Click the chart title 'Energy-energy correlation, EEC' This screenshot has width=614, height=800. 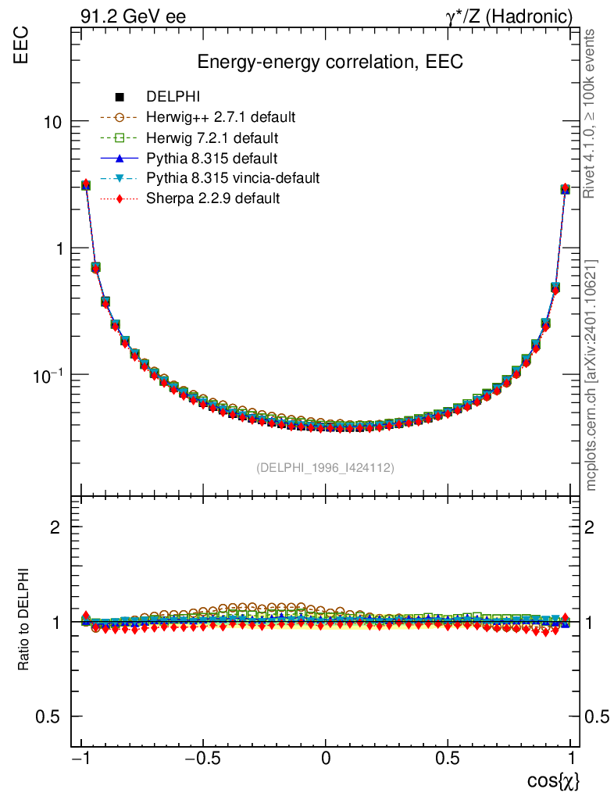(330, 62)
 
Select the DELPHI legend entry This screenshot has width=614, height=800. (173, 98)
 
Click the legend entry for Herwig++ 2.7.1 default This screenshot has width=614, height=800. (220, 118)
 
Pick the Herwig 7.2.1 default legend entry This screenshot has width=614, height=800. (212, 138)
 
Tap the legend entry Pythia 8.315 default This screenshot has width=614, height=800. (212, 159)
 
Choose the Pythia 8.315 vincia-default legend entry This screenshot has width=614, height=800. (233, 178)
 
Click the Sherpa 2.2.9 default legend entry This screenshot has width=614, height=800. (212, 198)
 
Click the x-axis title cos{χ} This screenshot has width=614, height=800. (552, 780)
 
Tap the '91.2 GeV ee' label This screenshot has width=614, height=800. (133, 16)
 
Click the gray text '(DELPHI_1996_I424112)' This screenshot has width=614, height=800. (325, 468)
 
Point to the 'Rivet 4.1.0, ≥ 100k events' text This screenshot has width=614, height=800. (591, 113)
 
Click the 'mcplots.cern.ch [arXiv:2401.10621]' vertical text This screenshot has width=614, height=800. (591, 375)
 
